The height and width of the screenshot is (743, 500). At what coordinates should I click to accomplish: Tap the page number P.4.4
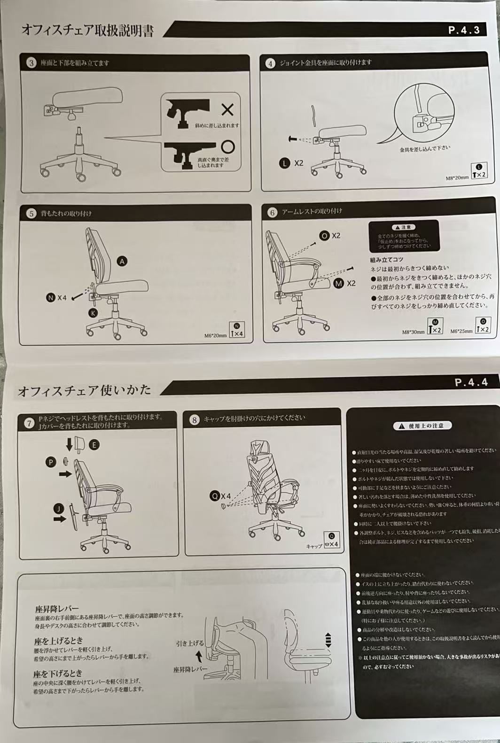click(471, 382)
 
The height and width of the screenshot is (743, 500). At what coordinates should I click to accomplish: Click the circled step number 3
click(31, 63)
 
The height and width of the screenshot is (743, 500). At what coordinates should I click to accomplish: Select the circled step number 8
click(195, 419)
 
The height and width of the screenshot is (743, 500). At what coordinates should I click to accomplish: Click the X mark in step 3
click(227, 110)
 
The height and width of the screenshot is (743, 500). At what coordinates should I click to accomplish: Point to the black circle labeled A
click(122, 262)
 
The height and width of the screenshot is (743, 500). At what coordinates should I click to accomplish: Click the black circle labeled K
click(93, 313)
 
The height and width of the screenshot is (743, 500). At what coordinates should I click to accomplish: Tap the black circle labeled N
click(51, 297)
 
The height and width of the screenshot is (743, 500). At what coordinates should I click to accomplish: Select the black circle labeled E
click(94, 445)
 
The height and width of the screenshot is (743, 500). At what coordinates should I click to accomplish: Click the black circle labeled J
click(58, 509)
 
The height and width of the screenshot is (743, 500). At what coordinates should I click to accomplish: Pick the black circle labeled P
click(51, 462)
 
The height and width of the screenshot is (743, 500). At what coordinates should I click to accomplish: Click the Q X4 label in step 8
click(220, 496)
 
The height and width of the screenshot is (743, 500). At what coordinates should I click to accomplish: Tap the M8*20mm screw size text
click(457, 178)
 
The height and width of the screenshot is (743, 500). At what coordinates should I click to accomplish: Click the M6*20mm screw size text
click(215, 335)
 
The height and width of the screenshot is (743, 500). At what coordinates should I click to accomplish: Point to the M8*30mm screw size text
click(413, 332)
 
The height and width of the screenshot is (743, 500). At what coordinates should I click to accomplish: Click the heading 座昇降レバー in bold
click(56, 608)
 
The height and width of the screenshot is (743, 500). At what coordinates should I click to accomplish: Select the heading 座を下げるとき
click(58, 674)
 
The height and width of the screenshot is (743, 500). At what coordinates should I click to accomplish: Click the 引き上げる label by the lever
click(190, 643)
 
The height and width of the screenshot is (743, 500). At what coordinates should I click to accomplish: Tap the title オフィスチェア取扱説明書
click(87, 31)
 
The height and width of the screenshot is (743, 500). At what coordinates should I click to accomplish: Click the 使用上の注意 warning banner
click(422, 426)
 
